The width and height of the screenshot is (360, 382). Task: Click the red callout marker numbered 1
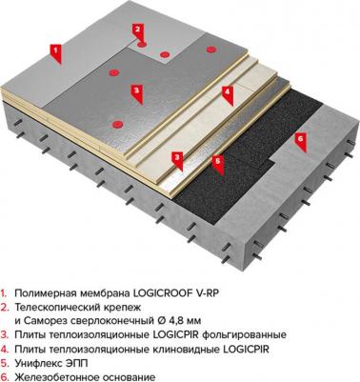point(55,48)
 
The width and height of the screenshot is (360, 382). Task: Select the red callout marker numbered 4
point(228,92)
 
